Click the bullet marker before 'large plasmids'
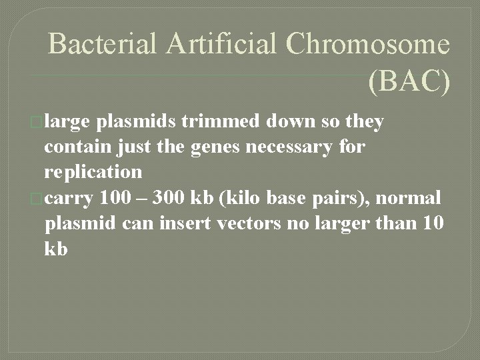coord(37,123)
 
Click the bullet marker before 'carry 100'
coord(37,198)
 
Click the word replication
coord(93,172)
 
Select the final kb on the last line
coord(56,248)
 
